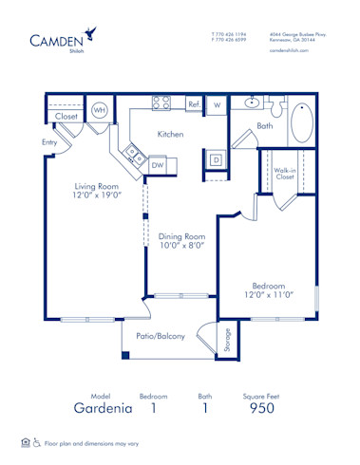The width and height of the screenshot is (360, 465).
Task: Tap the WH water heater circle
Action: pos(99,111)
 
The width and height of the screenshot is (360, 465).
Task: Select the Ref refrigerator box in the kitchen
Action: pos(194,104)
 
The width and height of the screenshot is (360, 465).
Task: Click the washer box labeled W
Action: pos(217,105)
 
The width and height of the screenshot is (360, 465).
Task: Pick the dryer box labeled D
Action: pos(216,159)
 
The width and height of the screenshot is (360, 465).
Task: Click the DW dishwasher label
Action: pos(158,164)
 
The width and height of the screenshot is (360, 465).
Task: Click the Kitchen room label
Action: pos(170,135)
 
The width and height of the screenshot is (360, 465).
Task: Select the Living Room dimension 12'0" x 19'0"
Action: pos(90,195)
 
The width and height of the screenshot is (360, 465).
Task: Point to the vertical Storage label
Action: pos(228,341)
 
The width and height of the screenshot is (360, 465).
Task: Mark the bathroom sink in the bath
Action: pos(254,104)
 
